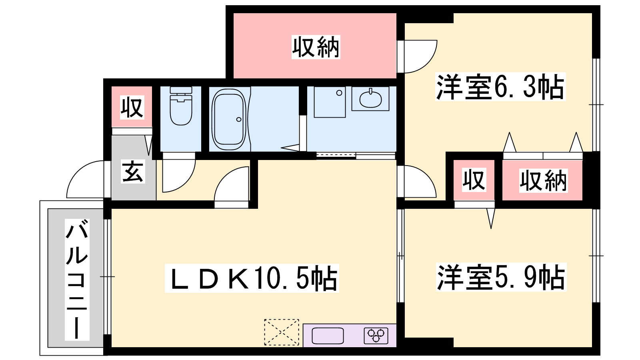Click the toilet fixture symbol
[181, 106]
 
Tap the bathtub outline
[228, 119]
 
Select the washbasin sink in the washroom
[370, 98]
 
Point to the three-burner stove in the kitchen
[376, 336]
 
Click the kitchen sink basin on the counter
[328, 336]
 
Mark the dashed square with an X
[282, 332]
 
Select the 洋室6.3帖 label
[500, 86]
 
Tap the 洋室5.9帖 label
[501, 277]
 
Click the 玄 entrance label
[133, 172]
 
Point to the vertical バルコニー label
[77, 280]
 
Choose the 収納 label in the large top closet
[316, 47]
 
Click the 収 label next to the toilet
[132, 108]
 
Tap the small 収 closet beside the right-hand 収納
[474, 180]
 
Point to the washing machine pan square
[330, 102]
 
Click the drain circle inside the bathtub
[239, 120]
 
